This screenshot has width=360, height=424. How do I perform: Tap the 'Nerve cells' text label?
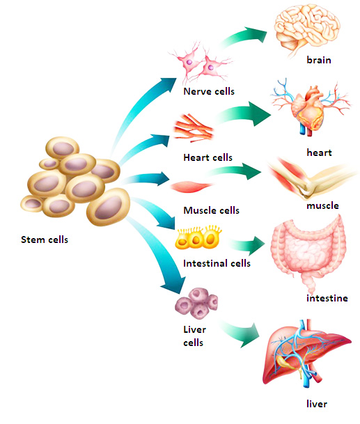pyautogui.click(x=209, y=91)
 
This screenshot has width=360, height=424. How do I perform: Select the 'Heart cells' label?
pyautogui.click(x=208, y=157)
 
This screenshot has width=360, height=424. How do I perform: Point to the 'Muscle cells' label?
pyautogui.click(x=211, y=210)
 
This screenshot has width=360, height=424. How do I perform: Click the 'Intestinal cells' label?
pyautogui.click(x=217, y=263)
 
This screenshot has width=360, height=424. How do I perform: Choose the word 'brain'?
pyautogui.click(x=319, y=60)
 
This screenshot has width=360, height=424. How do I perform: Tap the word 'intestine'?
pyautogui.click(x=327, y=299)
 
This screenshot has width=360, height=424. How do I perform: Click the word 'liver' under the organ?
pyautogui.click(x=316, y=404)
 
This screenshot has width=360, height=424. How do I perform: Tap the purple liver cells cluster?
pyautogui.click(x=197, y=304)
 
